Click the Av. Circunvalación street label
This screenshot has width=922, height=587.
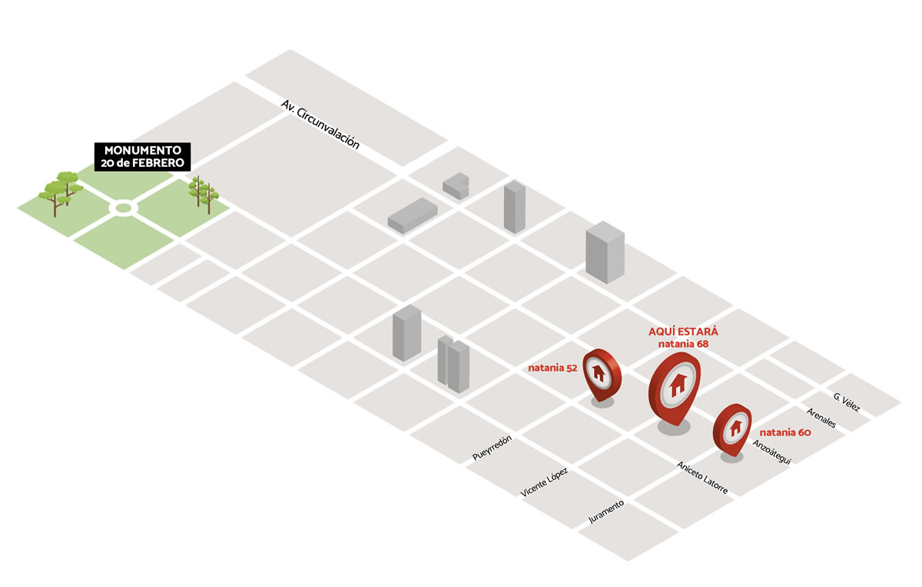point(320,124)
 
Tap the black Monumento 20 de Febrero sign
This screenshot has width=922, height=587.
point(142,157)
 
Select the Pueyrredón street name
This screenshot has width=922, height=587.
point(492,448)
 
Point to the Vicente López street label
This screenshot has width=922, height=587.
point(544,482)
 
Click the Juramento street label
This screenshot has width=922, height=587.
point(606,512)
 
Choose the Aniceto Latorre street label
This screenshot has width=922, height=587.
point(702,477)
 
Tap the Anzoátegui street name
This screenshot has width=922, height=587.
point(771,452)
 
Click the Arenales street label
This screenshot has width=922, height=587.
point(821,418)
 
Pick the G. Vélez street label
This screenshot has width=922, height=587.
point(847,402)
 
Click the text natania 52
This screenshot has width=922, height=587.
point(552,368)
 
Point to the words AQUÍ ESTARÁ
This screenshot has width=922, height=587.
point(683,332)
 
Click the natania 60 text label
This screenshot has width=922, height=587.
point(785,432)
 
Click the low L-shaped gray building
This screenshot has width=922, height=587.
point(456,186)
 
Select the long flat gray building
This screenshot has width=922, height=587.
point(413,215)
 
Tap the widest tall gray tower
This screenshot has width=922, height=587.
point(605,252)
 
